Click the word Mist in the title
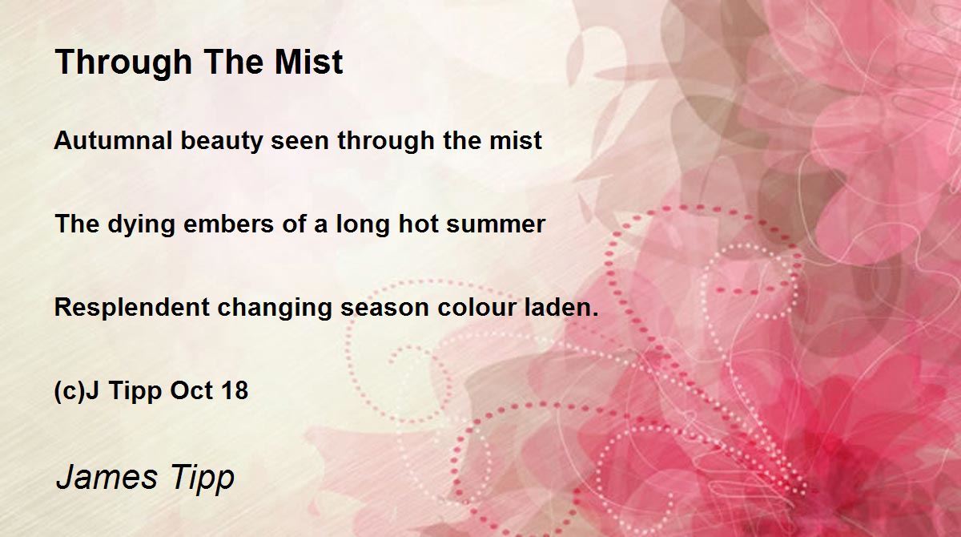coord(309,62)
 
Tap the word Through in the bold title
coord(124,64)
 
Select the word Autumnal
coord(113,140)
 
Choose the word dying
coord(141,225)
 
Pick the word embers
coord(229,224)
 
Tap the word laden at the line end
coord(557,307)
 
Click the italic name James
coord(107,477)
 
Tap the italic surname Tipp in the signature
coord(202,478)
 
